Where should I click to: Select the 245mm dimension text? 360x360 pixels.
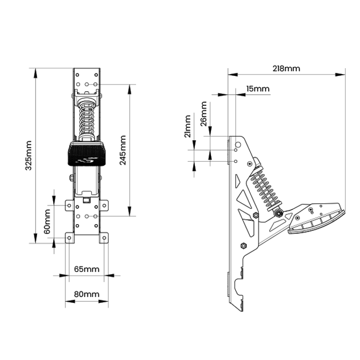123,150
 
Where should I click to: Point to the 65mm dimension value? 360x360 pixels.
86,269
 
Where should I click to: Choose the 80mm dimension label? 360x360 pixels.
86,294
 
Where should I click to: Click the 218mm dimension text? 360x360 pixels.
286,69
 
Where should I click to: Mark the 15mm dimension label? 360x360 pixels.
258,89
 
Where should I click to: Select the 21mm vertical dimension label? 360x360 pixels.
188,126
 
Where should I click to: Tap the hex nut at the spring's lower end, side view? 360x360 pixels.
279,214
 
